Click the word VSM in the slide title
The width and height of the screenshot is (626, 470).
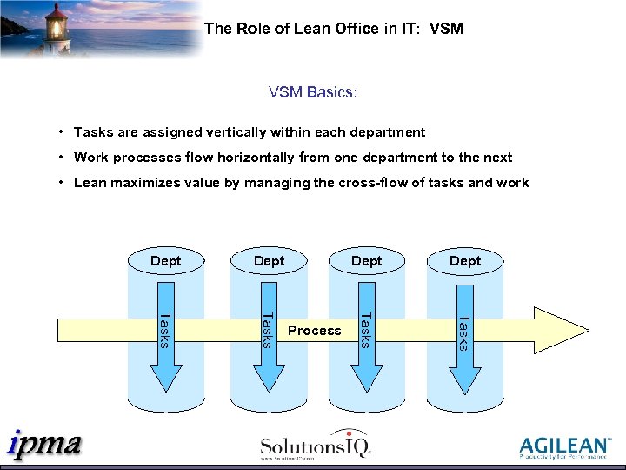[446, 29]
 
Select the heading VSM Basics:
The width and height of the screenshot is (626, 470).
[313, 91]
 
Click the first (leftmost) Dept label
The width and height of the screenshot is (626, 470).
[166, 261]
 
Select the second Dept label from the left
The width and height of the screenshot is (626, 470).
[269, 261]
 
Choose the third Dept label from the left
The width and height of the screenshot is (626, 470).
[366, 261]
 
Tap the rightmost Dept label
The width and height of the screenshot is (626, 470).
[465, 261]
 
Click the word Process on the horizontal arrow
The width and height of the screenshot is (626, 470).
[315, 331]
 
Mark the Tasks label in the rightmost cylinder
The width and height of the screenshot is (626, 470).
[465, 332]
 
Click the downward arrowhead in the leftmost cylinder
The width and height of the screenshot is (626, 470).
[166, 376]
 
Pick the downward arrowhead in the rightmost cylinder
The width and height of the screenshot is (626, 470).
[465, 376]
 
